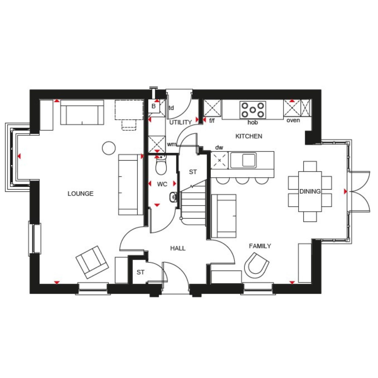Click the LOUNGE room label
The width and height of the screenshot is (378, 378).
click(80, 194)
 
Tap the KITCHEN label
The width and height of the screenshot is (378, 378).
click(249, 136)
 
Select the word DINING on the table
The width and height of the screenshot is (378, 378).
click(310, 191)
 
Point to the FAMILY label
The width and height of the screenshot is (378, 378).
click(260, 246)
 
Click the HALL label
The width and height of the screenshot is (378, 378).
click(178, 248)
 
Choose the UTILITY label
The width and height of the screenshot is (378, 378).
click(180, 122)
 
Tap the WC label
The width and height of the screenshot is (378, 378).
click(162, 184)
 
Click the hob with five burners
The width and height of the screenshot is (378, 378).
click(253, 110)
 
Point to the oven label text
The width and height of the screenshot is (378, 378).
click(293, 120)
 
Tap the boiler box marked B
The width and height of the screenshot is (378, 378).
click(154, 106)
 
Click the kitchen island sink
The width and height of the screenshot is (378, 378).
click(243, 160)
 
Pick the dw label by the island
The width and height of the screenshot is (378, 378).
click(219, 147)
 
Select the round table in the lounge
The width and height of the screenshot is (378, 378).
click(109, 148)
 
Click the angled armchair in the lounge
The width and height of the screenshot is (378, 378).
click(92, 262)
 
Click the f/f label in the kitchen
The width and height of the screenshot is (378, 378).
click(212, 121)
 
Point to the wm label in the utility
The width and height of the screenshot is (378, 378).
click(171, 144)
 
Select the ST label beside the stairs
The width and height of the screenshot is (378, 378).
click(193, 172)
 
